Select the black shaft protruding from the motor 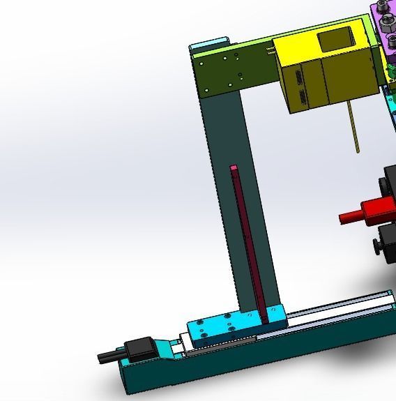(108, 356)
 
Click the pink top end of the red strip (234, 168)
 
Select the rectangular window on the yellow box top (334, 40)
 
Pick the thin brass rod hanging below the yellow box (355, 126)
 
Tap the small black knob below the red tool (377, 245)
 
